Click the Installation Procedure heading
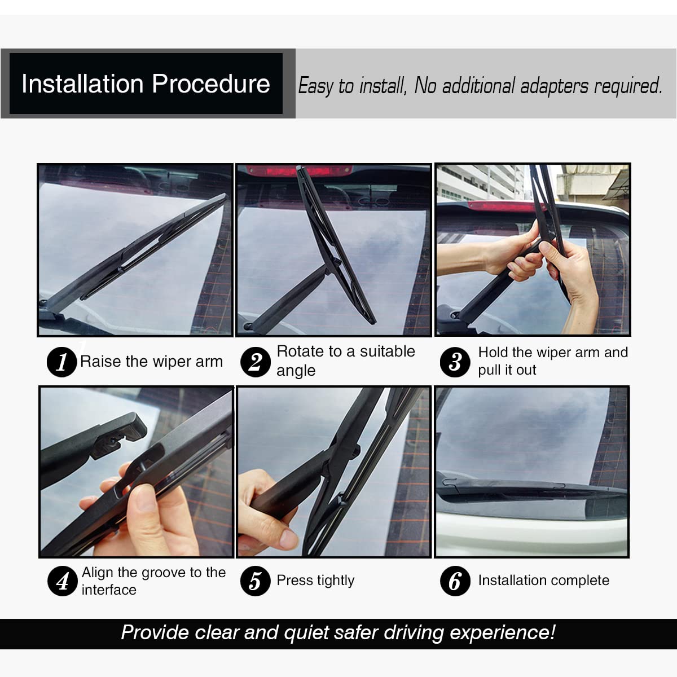pos(146,84)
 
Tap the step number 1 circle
pos(61,362)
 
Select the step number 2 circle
pos(255,362)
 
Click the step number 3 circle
pos(455,362)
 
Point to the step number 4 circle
pos(62,581)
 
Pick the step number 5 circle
pos(255,581)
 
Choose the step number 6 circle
pos(455,581)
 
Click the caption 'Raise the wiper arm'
pos(151,362)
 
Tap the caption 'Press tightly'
pos(315,581)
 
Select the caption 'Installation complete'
pos(543,581)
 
